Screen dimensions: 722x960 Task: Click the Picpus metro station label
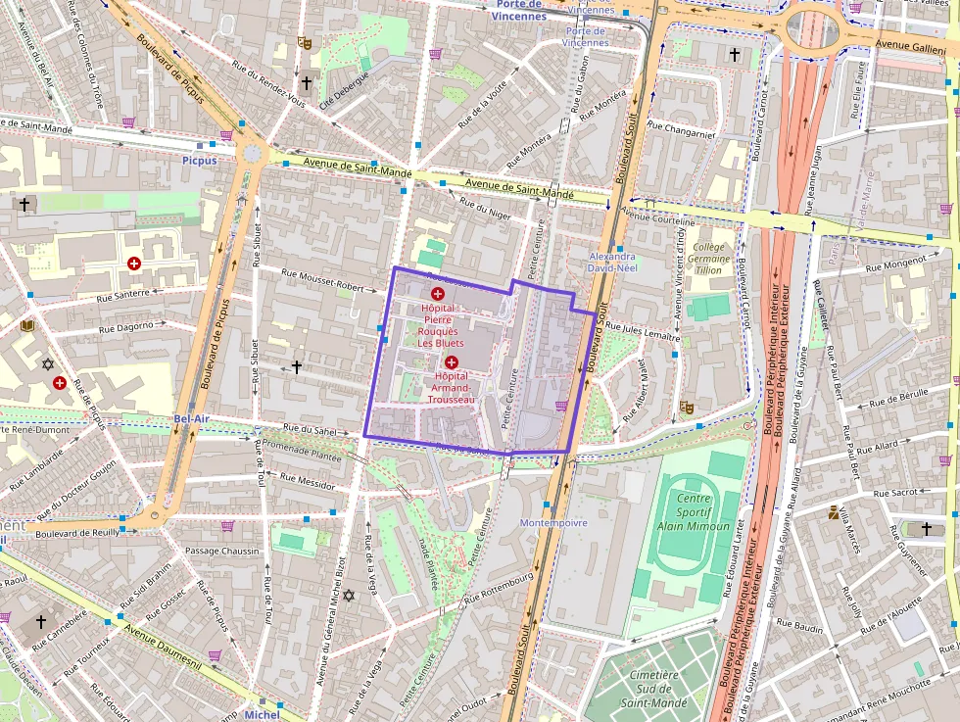[199, 160]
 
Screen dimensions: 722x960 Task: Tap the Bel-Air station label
[191, 418]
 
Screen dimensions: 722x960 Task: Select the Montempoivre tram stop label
[553, 523]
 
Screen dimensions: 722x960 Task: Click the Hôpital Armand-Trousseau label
[452, 387]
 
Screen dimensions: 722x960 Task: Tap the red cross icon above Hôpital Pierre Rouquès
[438, 293]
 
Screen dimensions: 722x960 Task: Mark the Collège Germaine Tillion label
[709, 259]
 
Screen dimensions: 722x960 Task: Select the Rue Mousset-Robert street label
[328, 280]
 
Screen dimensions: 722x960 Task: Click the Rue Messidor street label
[307, 481]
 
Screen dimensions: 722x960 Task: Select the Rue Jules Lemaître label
[642, 330]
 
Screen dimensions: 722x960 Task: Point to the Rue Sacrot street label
[894, 493]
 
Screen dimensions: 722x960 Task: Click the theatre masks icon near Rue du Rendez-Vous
[305, 43]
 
